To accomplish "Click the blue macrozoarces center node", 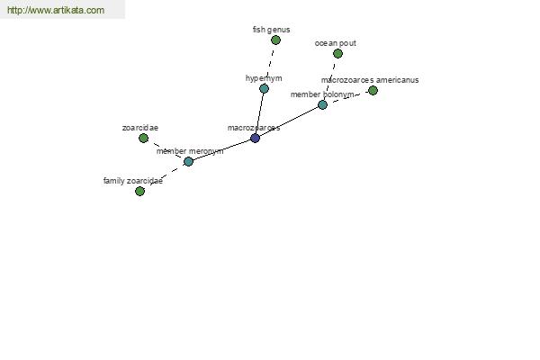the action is pos(255,138).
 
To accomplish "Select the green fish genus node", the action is pos(275,40).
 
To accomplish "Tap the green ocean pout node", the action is pos(337,53).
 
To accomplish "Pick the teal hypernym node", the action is pos(264,88).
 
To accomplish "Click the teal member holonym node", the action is pos(322,104).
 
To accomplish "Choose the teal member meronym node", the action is pos(188,161).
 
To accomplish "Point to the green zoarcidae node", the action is pos(144,138).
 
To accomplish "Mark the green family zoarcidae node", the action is pos(139,191).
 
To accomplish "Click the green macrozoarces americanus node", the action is pos(373,91).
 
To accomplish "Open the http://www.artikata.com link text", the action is pos(56,10).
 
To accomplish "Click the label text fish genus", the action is pos(272,30).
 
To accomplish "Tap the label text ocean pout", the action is pos(336,43).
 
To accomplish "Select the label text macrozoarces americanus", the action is pos(370,80).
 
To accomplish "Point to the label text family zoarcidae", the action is pos(133,181).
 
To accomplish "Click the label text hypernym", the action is pos(264,78).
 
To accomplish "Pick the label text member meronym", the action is pos(190,151).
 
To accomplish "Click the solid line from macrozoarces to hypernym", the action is pos(259,113).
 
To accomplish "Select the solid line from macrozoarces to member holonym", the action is pos(289,121).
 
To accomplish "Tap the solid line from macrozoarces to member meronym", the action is pos(221,150).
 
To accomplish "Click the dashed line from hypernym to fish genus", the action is pos(270,65).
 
